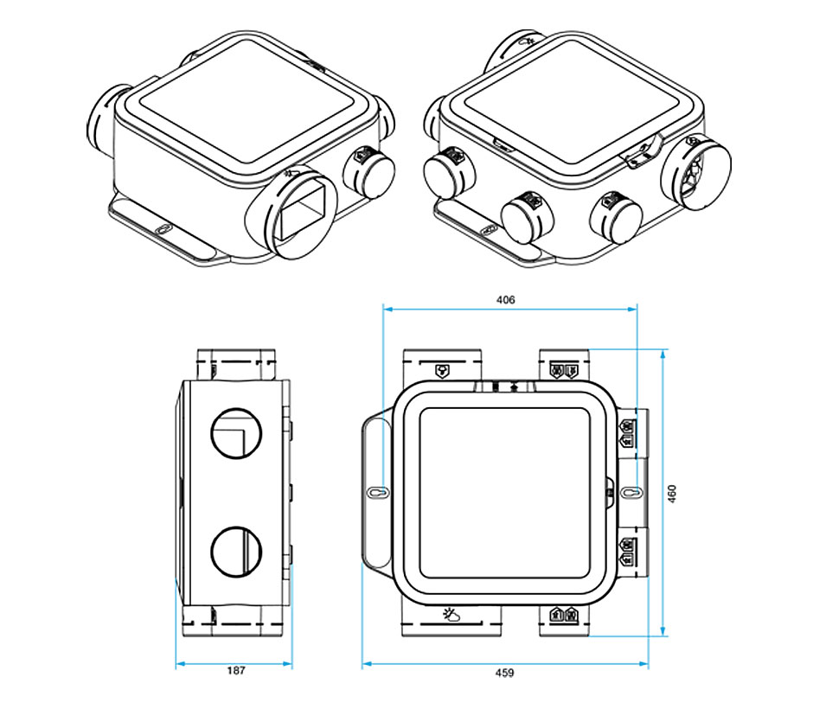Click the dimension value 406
click(506, 299)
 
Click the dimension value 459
click(504, 673)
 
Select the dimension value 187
click(236, 671)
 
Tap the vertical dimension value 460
click(672, 494)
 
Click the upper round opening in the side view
click(236, 433)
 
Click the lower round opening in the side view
click(236, 552)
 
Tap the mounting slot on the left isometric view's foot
click(163, 228)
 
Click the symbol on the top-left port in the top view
click(442, 370)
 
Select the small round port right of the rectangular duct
click(369, 172)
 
